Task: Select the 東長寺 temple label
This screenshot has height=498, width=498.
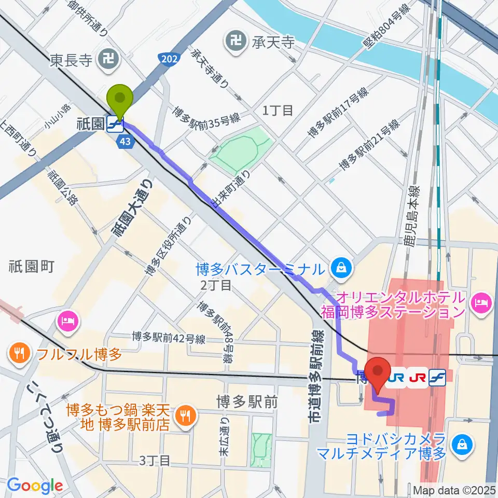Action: [71, 61]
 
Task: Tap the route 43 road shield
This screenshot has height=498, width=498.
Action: [125, 141]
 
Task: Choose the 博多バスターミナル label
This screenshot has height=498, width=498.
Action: [261, 269]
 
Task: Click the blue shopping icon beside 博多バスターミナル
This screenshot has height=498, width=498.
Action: [342, 268]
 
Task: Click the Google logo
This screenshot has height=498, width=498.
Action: [35, 485]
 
